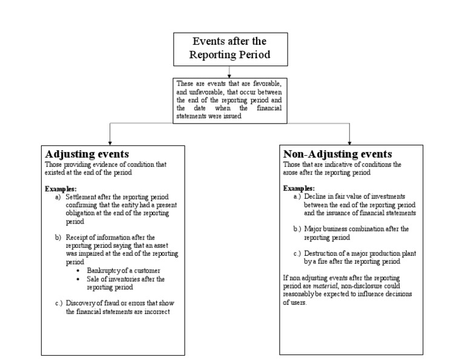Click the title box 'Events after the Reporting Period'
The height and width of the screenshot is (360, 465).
(229, 48)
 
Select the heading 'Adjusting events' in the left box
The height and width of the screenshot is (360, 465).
(86, 154)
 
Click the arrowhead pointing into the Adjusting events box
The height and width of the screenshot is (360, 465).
(109, 141)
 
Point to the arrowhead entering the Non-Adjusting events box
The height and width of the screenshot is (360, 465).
(349, 141)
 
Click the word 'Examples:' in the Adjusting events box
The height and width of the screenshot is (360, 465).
(61, 189)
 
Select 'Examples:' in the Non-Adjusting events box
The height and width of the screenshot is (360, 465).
(299, 188)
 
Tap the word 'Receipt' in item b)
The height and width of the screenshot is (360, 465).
(76, 237)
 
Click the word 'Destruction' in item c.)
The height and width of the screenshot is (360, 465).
(322, 253)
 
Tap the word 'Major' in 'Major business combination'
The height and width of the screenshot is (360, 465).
(313, 229)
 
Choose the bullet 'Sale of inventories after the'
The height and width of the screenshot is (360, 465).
(125, 279)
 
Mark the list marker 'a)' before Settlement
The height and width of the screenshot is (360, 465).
(58, 198)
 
